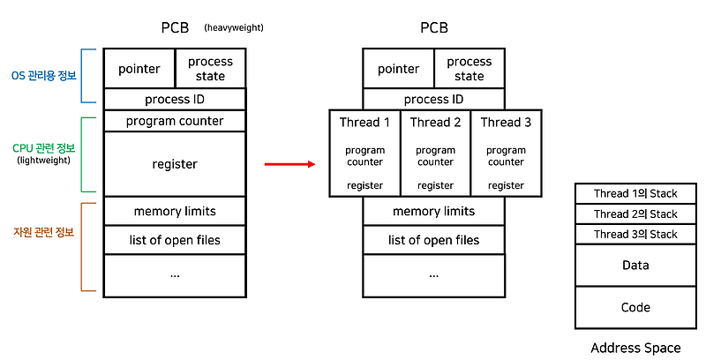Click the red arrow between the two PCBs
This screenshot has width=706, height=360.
coord(289,164)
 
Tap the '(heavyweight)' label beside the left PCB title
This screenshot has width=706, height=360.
coord(234,28)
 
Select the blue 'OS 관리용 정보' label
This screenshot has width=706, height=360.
coord(44,76)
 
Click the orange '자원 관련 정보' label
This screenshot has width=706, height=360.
coord(44,233)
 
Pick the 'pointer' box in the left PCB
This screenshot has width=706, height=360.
coord(139,69)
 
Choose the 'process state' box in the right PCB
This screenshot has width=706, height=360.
coord(469,69)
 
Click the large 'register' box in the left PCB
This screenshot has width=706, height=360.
coord(175,164)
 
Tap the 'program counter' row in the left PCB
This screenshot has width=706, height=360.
coord(175,121)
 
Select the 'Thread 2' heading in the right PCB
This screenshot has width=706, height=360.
coord(435,123)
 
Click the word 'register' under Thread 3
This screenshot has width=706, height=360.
coord(506,185)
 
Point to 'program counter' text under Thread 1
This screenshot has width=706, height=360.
coord(364,156)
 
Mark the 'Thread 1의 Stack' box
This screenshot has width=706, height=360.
coord(635,192)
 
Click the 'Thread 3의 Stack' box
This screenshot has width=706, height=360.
coord(635,235)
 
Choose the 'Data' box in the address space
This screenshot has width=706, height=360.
coord(635,266)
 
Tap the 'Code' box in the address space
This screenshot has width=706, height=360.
coord(635,307)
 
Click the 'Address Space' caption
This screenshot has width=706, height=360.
coord(635,348)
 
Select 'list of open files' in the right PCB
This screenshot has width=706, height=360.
coord(434,240)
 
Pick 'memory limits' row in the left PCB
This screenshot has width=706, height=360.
coord(175,212)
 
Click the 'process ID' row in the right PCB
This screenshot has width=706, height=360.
coord(434,100)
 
